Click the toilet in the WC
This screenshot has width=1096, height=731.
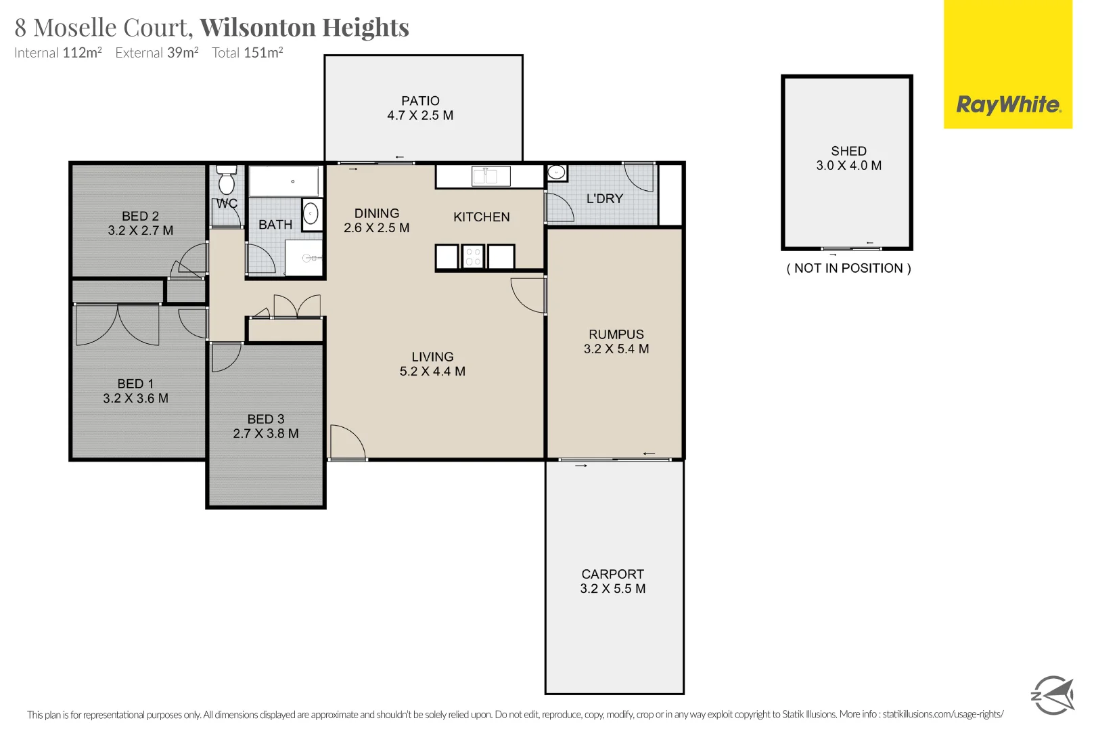point(227,181)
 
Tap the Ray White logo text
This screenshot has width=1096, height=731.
point(1007,105)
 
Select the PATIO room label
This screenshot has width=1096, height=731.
point(420,101)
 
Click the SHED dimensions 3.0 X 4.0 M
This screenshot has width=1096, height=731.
point(848,166)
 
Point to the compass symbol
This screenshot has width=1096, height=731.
point(1052,694)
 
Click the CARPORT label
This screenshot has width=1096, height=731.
point(612,574)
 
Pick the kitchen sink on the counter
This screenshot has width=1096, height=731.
point(485,177)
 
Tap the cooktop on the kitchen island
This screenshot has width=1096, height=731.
point(473,257)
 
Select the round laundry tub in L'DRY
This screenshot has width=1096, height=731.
point(556,173)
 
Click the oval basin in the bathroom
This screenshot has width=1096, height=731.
point(311,214)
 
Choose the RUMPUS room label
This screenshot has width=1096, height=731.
point(616,334)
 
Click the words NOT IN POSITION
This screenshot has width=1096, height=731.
point(848,268)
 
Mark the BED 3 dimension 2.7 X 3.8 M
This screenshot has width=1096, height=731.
point(266,434)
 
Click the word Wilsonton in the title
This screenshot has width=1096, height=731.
point(257,28)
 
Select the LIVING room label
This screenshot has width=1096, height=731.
point(432,357)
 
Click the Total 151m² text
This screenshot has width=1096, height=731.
point(247,53)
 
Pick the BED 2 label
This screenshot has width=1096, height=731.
point(140,216)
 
